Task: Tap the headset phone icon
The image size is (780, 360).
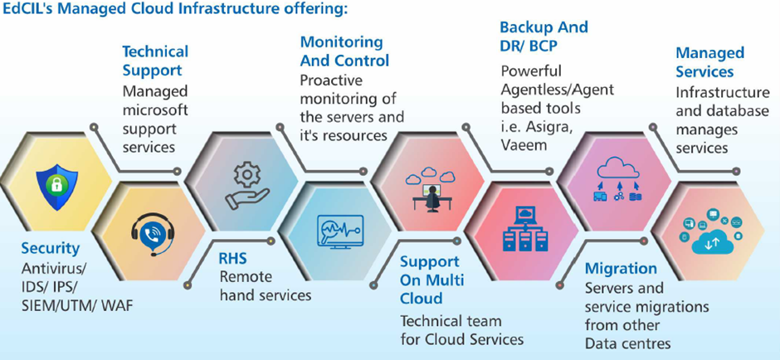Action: pyautogui.click(x=152, y=235)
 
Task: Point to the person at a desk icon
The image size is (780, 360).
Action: pyautogui.click(x=429, y=184)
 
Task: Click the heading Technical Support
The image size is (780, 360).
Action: pyautogui.click(x=155, y=61)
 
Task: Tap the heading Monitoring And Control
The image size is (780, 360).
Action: pyautogui.click(x=344, y=51)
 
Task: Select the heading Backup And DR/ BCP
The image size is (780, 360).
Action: pyautogui.click(x=544, y=36)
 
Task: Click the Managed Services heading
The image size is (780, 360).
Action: pyautogui.click(x=709, y=62)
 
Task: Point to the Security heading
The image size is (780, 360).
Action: pyautogui.click(x=51, y=248)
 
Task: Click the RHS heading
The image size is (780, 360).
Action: pyautogui.click(x=232, y=259)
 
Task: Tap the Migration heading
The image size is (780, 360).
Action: pyautogui.click(x=621, y=269)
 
